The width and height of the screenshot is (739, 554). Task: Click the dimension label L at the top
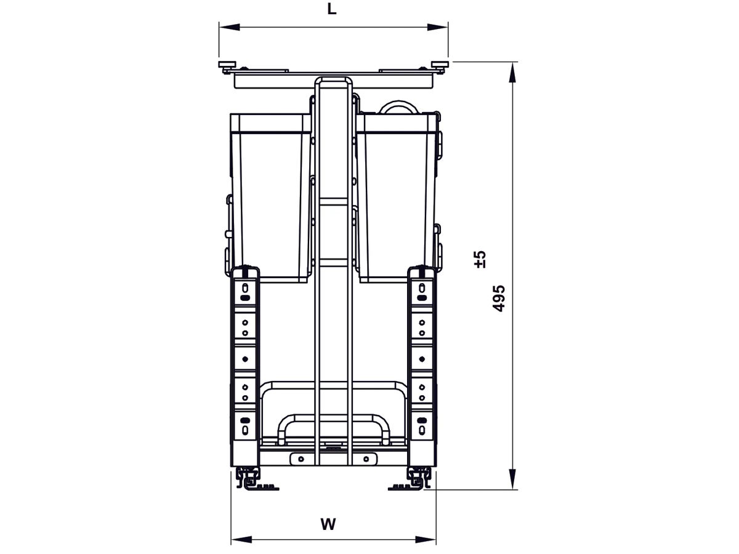click(332, 10)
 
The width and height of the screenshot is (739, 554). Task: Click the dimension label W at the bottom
click(328, 524)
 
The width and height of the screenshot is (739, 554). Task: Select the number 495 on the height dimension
click(499, 298)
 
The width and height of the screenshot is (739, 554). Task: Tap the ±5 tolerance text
click(481, 259)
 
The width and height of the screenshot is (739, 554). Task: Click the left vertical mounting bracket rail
click(245, 363)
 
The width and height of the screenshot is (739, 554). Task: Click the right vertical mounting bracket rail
click(422, 363)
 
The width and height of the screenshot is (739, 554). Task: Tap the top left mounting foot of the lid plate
click(227, 65)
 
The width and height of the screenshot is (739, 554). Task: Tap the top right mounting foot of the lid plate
click(440, 65)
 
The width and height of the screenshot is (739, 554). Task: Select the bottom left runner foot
click(252, 480)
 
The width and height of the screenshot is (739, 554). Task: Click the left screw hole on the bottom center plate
click(301, 459)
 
